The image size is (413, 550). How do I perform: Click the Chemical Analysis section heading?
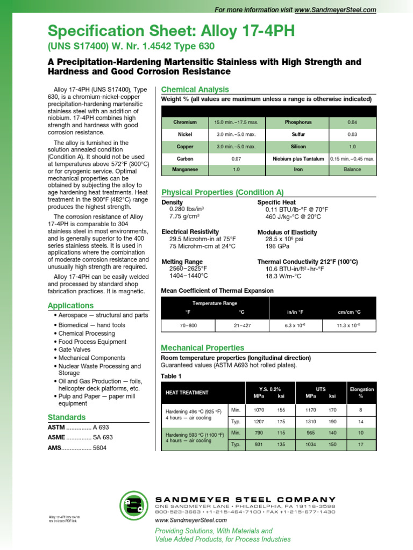(195, 90)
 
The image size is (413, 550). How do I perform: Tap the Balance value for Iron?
(352, 170)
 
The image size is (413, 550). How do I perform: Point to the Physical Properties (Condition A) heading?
(223, 192)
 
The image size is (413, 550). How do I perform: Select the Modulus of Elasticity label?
(287, 232)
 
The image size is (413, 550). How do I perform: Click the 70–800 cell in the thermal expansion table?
(188, 325)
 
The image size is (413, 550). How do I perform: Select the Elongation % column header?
(361, 393)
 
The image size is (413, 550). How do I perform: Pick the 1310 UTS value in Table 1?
(310, 422)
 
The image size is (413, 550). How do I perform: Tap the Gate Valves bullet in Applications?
(74, 350)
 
